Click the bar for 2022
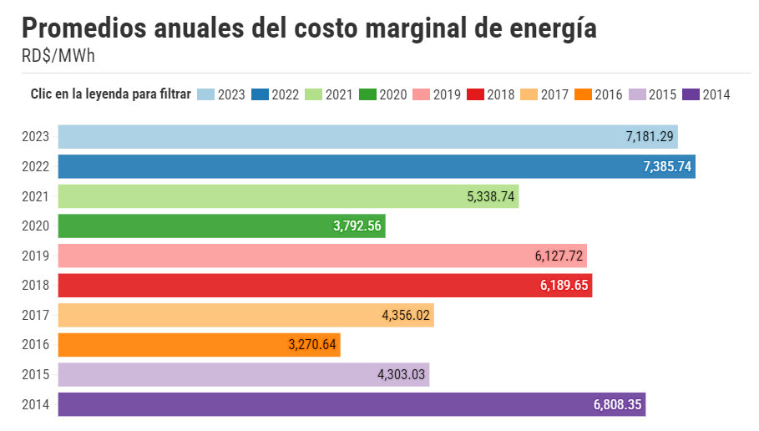coord(376,166)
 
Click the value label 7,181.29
coord(650,137)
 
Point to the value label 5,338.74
coord(492,196)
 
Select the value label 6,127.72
coord(559,256)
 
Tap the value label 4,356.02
coord(407,315)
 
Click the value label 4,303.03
coord(402,374)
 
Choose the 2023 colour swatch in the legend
coord(205,94)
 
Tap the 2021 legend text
coord(339,94)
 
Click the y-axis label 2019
coord(36,256)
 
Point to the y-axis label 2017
coord(36,315)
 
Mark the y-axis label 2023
coord(36,137)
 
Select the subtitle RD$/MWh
coord(58,55)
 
